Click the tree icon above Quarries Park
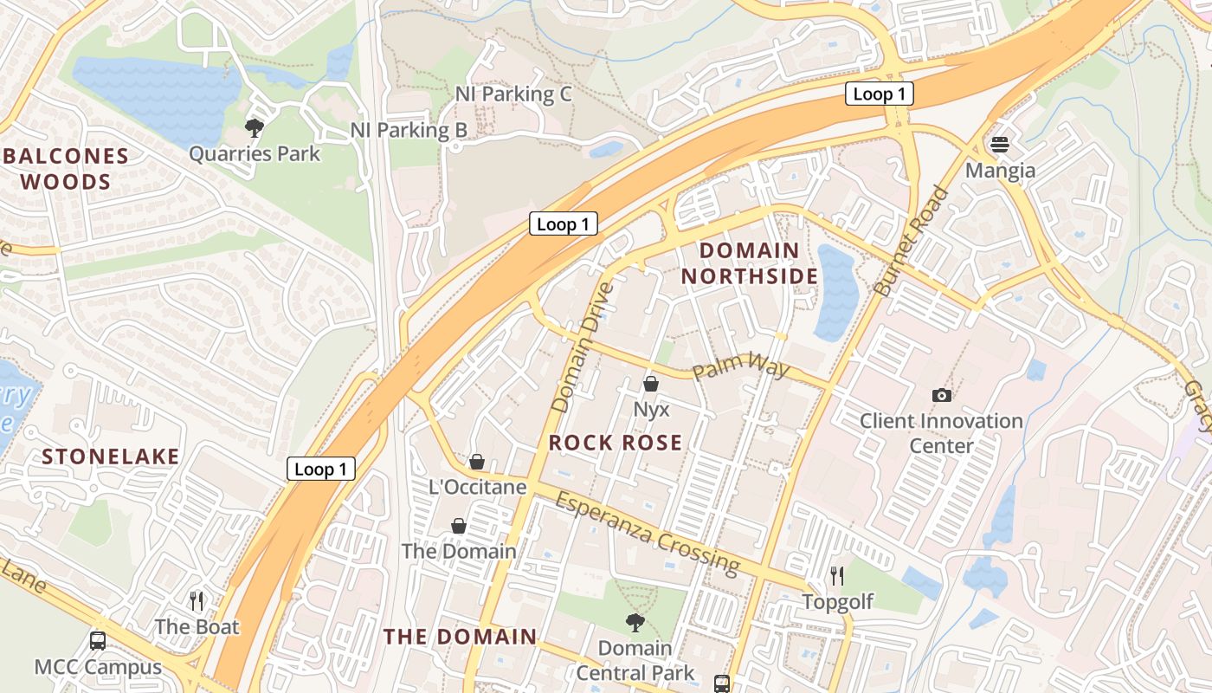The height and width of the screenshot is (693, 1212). pos(255,128)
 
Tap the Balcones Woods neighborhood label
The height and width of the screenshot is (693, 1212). pos(67,169)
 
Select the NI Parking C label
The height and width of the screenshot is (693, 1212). pos(513,94)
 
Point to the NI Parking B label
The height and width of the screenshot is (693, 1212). pos(409,130)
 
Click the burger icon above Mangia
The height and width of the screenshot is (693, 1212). pos(1000,144)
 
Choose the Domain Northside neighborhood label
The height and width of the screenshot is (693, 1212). pos(749,263)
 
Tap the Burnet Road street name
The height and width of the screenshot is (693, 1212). pos(912,241)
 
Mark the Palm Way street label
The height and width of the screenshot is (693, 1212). pos(740,368)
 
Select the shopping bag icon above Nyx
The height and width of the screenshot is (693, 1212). pos(650,383)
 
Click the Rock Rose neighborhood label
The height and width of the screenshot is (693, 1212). pos(616,443)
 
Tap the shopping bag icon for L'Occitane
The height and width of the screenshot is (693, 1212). pos(476,461)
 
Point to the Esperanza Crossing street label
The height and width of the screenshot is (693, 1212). pos(648,533)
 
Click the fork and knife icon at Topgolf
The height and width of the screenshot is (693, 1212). pos(836,575)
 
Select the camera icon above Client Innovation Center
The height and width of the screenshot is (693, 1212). pos(942,395)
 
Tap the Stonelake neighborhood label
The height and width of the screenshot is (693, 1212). pos(111,457)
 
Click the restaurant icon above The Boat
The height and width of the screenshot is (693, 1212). pos(197,600)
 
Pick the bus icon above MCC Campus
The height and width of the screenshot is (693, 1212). pos(98,641)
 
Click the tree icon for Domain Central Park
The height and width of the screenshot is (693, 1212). pos(635,622)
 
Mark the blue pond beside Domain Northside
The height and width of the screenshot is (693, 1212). pos(836,293)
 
